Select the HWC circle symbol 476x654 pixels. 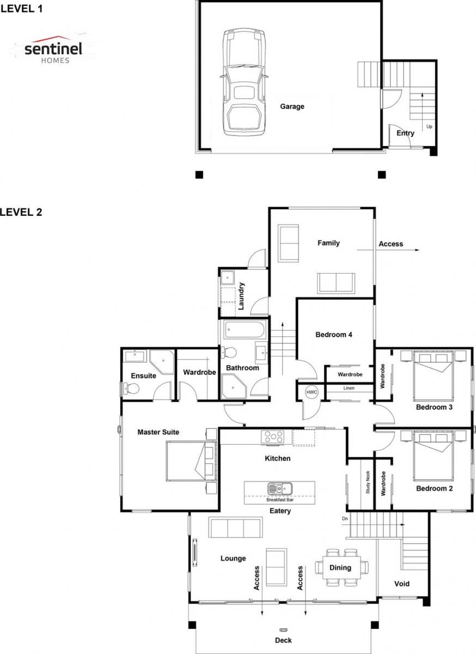pyautogui.click(x=312, y=392)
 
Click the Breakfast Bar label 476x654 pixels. pyautogui.click(x=279, y=500)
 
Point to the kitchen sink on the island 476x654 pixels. pyautogui.click(x=280, y=488)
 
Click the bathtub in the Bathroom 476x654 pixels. pyautogui.click(x=245, y=330)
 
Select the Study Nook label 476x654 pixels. pyautogui.click(x=368, y=482)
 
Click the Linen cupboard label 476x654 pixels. pyautogui.click(x=349, y=388)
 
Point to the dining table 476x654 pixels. pyautogui.click(x=341, y=567)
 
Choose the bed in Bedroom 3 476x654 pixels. pyautogui.click(x=434, y=375)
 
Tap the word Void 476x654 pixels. pyautogui.click(x=402, y=584)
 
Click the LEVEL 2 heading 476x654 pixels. pyautogui.click(x=21, y=211)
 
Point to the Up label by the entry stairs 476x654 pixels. pyautogui.click(x=429, y=126)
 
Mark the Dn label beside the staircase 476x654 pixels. pyautogui.click(x=345, y=519)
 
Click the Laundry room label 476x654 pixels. pyautogui.click(x=241, y=296)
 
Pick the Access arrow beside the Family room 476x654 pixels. pyautogui.click(x=388, y=250)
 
